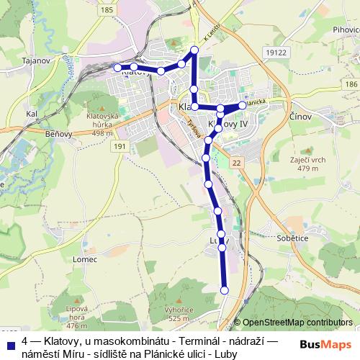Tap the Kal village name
coord(31,114)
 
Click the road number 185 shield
coord(107,10)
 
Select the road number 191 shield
coord(120,146)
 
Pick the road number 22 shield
coord(236,164)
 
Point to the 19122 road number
coord(275,53)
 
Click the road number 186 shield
coord(350,85)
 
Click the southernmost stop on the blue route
coord(224,290)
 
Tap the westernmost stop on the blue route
coord(117,67)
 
